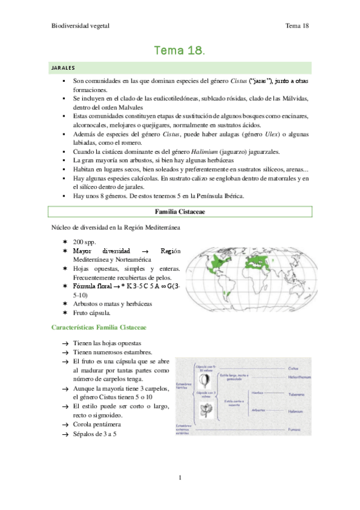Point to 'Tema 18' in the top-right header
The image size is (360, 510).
(x=297, y=26)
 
